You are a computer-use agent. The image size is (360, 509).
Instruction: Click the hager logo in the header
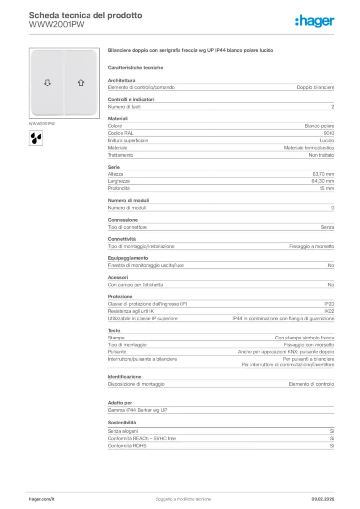click(x=315, y=21)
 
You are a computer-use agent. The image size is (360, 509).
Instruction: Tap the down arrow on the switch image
click(x=48, y=83)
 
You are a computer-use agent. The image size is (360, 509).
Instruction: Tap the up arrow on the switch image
click(x=81, y=83)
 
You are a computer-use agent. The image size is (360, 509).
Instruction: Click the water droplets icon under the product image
click(x=36, y=137)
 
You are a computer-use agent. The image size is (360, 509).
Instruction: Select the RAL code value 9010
click(x=329, y=133)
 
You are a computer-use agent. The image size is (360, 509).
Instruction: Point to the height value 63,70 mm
click(x=323, y=174)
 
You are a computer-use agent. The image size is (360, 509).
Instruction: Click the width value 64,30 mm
click(x=323, y=181)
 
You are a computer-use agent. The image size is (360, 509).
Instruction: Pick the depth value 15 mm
click(x=327, y=189)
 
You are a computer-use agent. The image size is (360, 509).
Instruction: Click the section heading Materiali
click(x=118, y=119)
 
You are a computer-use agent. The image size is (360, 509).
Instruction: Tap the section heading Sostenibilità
click(x=122, y=422)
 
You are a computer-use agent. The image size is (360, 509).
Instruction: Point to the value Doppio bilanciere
click(x=315, y=87)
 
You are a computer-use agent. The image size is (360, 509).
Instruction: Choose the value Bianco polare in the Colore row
click(x=319, y=126)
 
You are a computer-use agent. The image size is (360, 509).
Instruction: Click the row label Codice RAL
click(x=121, y=133)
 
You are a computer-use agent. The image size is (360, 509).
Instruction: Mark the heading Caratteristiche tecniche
click(x=135, y=67)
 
